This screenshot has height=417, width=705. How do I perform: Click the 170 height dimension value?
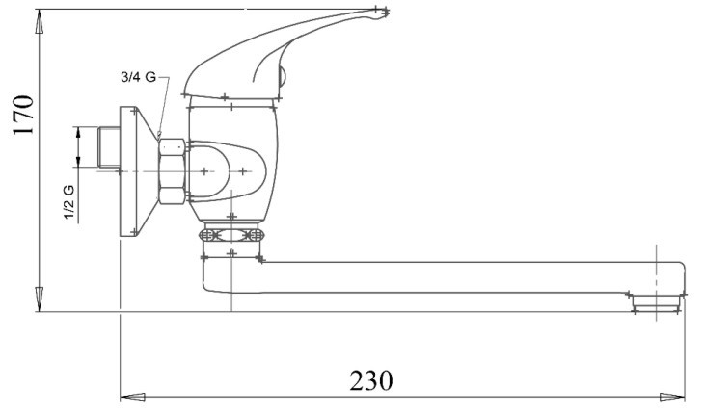pyautogui.click(x=24, y=113)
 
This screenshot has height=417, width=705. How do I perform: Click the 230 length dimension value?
pyautogui.click(x=370, y=380)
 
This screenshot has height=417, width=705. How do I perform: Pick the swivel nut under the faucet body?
pyautogui.click(x=231, y=234)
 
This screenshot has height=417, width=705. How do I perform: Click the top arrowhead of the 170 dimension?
pyautogui.click(x=39, y=17)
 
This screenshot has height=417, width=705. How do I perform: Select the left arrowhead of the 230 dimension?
pyautogui.click(x=127, y=396)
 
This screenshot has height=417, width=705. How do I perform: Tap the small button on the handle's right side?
pyautogui.click(x=282, y=73)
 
